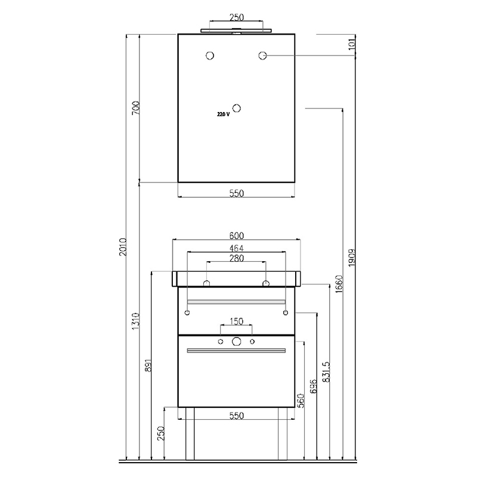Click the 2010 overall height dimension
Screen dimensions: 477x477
(x=123, y=247)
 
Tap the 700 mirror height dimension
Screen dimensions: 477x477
(x=136, y=108)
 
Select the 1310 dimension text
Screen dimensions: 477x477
(x=136, y=321)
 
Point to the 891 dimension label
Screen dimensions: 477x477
(x=148, y=366)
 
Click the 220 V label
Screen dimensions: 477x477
(x=223, y=114)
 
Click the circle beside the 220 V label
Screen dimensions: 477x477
(x=237, y=109)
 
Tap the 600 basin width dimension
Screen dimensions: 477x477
(x=236, y=236)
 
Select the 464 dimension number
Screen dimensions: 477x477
(x=236, y=248)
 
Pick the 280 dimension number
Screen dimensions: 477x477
(x=236, y=258)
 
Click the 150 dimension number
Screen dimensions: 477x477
(x=236, y=321)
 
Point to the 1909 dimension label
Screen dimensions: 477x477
(x=352, y=258)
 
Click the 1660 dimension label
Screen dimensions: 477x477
(x=339, y=284)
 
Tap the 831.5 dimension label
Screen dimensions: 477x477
(x=326, y=371)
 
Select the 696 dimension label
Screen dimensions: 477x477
(x=314, y=386)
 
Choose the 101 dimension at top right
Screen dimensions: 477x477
(x=352, y=44)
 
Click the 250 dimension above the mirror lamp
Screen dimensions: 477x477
(x=236, y=17)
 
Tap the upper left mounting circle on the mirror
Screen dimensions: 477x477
(x=210, y=55)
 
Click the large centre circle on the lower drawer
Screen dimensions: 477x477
(x=236, y=342)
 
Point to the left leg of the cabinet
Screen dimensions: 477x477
(x=190, y=433)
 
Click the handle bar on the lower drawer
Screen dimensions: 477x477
(x=236, y=351)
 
